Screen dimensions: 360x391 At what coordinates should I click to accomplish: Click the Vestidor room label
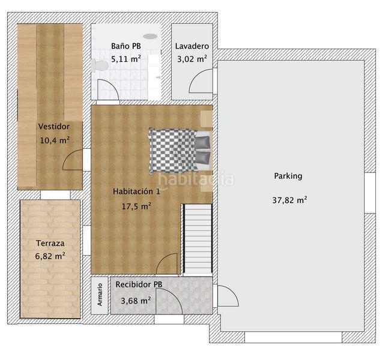(53, 127)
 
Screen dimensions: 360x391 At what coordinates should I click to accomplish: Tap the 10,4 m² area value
(53, 140)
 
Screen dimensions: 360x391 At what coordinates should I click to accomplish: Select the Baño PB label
(126, 46)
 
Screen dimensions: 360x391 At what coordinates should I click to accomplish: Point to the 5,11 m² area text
(126, 59)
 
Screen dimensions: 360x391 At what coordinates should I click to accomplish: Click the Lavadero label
(192, 46)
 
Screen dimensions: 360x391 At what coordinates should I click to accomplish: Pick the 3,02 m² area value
(192, 59)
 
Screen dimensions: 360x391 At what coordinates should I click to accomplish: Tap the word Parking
(288, 176)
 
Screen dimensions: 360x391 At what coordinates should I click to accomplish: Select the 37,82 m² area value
(289, 200)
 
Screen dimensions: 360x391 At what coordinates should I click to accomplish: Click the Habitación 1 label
(136, 191)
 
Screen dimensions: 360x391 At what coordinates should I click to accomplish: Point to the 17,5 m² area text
(136, 205)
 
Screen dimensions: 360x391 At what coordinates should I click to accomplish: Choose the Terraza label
(50, 244)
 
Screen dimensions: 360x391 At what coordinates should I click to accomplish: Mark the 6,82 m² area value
(50, 256)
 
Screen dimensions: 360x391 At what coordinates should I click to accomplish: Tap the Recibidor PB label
(139, 284)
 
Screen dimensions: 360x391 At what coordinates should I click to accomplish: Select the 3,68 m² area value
(136, 301)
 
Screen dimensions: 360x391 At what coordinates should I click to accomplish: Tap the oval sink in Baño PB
(150, 37)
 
